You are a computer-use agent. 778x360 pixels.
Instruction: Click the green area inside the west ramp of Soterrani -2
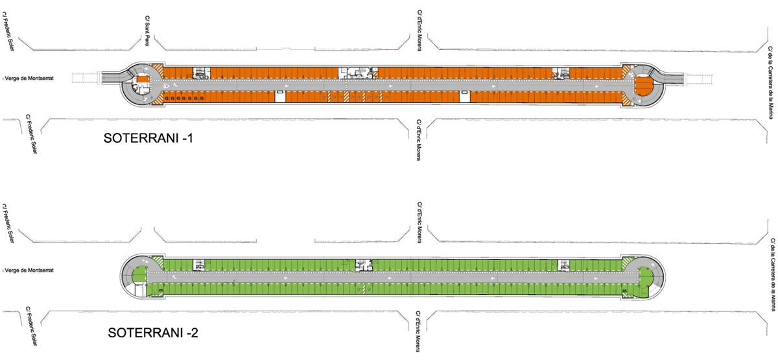coord(139,275)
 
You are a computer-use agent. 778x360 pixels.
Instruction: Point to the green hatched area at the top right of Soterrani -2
coord(627,263)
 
